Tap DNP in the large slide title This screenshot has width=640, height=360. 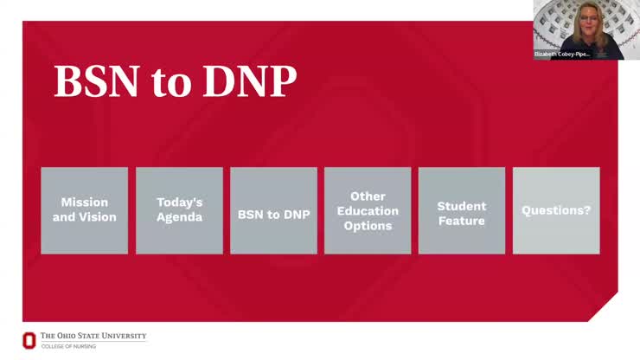click(250, 81)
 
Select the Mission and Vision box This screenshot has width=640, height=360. click(84, 210)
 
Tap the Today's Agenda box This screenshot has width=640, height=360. click(179, 210)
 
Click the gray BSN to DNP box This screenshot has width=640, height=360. click(273, 210)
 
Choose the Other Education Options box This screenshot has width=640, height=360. click(368, 210)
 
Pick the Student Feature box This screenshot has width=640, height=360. click(461, 210)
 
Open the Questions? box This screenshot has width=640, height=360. click(556, 210)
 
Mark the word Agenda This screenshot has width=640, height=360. click(179, 217)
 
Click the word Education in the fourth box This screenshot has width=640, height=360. click(368, 211)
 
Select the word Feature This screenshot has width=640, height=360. click(461, 221)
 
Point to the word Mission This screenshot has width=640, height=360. click(84, 202)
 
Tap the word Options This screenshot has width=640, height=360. click(368, 226)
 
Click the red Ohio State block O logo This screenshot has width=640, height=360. click(29, 340)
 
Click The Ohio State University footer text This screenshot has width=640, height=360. click(93, 336)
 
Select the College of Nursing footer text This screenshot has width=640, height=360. click(69, 346)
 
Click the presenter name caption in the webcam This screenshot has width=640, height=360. click(562, 54)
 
